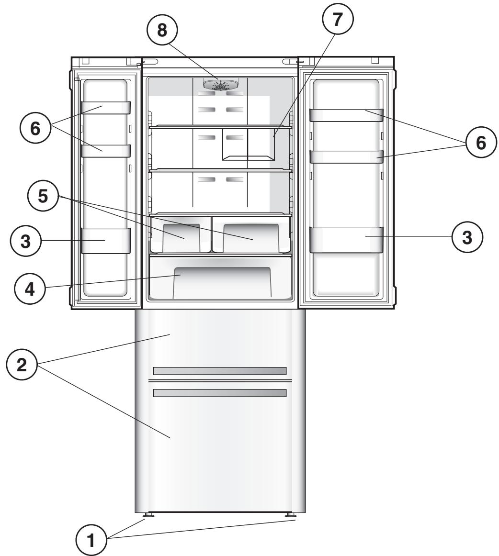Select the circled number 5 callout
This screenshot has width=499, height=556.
coord(43,197)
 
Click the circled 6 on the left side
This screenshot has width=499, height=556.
coord(35,130)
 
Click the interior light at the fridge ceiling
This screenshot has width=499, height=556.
coord(220,85)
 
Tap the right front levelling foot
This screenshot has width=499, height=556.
coord(290,515)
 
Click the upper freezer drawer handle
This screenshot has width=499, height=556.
coord(219,371)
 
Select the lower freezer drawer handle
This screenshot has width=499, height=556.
coord(219,393)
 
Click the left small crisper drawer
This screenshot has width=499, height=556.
coord(180,234)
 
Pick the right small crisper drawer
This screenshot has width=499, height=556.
coord(251,234)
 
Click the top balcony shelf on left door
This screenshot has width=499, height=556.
coord(105,108)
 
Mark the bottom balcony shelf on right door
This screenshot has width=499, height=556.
coord(346,239)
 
